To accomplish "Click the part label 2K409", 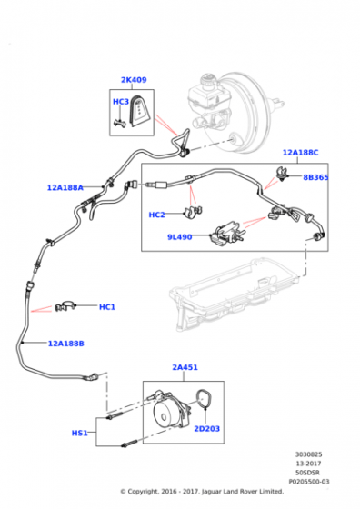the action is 134,80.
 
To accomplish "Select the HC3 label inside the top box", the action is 121,102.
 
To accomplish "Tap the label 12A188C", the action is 300,153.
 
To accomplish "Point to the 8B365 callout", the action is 315,177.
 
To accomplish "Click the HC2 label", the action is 156,215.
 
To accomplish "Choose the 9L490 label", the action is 179,237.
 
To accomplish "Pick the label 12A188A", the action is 65,187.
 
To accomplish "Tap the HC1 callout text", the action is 107,307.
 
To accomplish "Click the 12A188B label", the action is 65,344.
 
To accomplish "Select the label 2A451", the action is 185,367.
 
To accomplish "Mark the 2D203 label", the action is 206,429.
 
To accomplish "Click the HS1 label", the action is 79,433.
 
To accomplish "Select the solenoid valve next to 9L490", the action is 226,232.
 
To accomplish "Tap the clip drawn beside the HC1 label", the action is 65,305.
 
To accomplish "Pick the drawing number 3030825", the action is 309,454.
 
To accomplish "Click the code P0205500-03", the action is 309,482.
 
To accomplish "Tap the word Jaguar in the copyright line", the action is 213,492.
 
